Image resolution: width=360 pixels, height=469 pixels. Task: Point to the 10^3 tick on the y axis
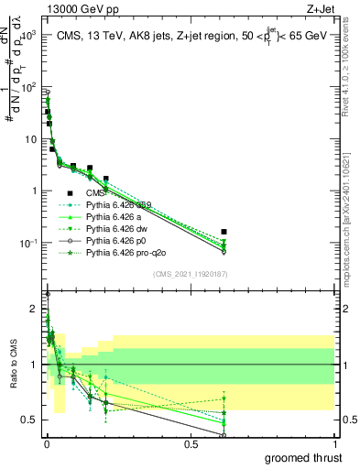tap(28, 36)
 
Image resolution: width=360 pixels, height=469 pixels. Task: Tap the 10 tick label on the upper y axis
tap(31, 139)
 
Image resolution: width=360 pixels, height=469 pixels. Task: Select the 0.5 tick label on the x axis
tap(191, 444)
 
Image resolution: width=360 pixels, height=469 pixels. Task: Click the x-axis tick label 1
tap(334, 444)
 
